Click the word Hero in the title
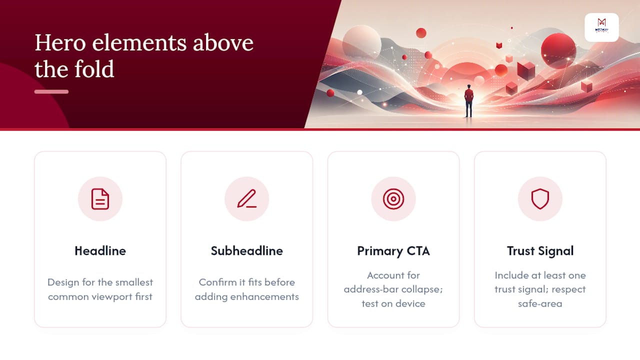60,43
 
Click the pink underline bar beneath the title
51,91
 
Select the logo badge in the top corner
601,27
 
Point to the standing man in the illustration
468,101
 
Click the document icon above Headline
100,199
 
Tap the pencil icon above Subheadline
247,198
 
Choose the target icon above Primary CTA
393,199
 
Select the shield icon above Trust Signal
540,199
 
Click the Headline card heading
100,251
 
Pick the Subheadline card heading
247,251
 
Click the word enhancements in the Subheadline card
264,296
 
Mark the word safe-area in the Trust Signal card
540,303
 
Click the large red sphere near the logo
558,51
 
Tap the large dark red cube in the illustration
526,69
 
